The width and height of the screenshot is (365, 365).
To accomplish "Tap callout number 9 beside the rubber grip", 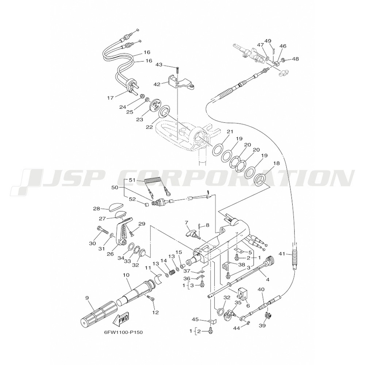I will [87, 298].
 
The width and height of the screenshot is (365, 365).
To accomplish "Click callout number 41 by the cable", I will [282, 254].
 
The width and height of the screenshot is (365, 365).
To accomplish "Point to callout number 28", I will [96, 208].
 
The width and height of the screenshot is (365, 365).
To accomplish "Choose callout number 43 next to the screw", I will [159, 65].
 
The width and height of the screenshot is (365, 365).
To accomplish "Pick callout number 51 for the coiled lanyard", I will [132, 180].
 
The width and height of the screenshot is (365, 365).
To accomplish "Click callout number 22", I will [150, 127].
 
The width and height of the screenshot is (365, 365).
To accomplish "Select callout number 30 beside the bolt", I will [92, 243].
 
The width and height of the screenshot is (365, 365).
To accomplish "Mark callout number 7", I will [186, 222].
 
